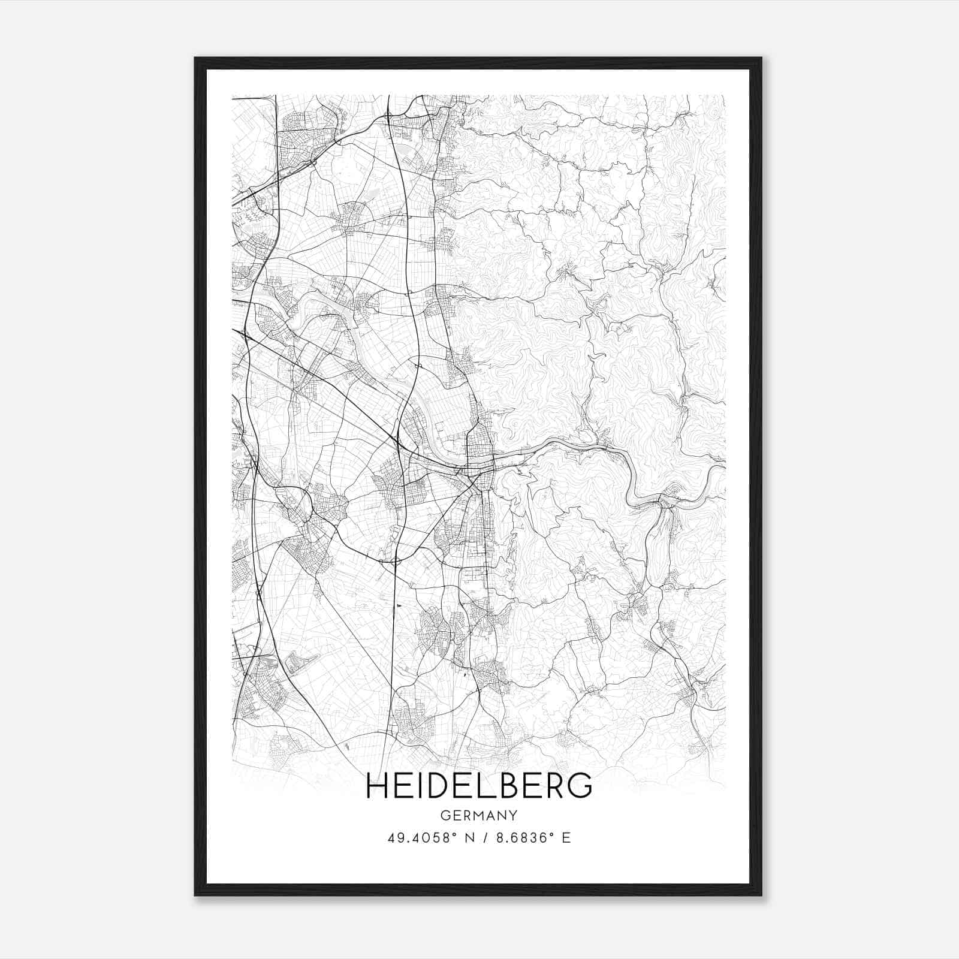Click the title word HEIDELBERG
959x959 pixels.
coord(478,786)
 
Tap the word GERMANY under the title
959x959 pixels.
coord(478,815)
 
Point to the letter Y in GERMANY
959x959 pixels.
coord(512,815)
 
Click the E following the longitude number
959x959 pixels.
coord(566,838)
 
